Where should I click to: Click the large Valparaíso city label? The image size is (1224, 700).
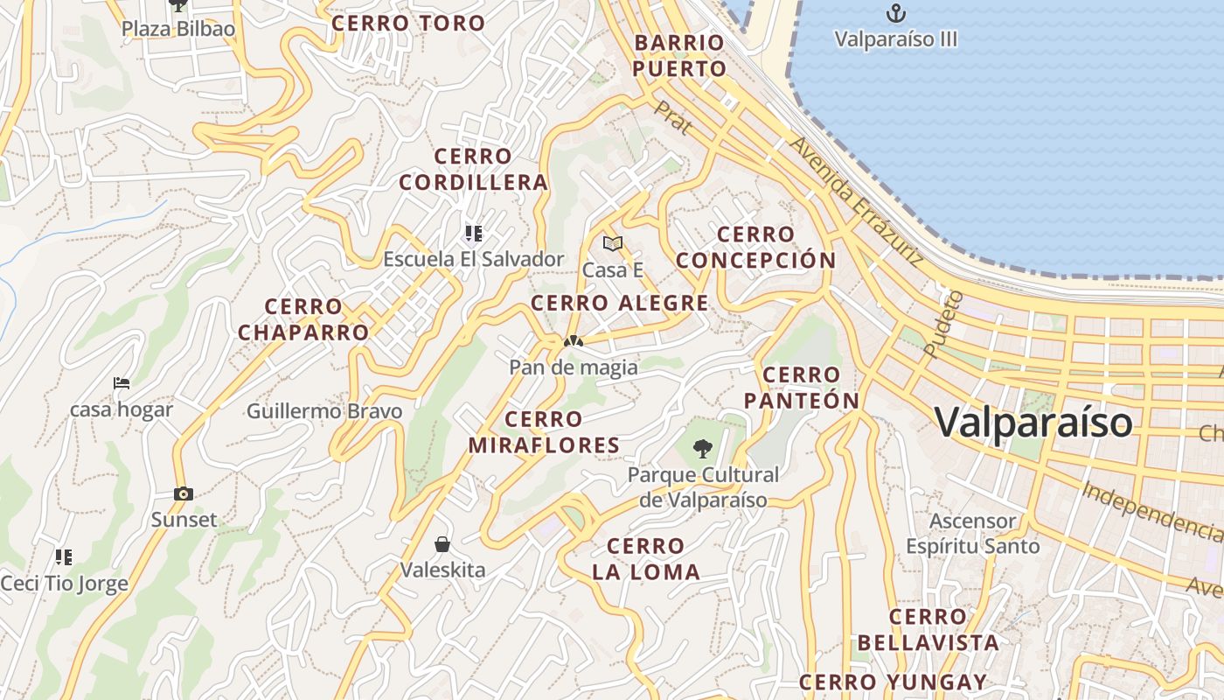tap(1033, 422)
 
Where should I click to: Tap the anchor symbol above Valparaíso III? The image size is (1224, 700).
tap(895, 13)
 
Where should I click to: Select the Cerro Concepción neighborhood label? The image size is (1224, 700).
tap(756, 248)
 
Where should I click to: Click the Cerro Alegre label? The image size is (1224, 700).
tap(620, 304)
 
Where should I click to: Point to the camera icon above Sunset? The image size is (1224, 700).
tap(183, 493)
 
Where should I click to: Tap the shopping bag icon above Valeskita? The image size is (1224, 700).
tap(442, 544)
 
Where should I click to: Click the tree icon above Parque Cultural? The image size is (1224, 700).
tap(702, 450)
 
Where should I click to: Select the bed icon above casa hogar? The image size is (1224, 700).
tap(122, 383)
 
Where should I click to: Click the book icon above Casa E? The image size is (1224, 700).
tap(613, 243)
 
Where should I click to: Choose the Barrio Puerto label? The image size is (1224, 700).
tap(679, 55)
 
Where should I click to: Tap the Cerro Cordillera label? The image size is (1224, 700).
tap(473, 170)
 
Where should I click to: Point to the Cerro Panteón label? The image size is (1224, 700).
tap(802, 388)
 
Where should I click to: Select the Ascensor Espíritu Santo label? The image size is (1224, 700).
tap(972, 534)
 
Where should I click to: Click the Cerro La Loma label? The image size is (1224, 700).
tap(646, 559)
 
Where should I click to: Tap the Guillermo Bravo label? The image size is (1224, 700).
tap(324, 411)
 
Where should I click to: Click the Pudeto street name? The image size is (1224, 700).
tap(942, 324)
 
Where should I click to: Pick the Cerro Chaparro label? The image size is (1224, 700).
tap(303, 319)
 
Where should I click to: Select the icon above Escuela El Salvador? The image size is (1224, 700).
tap(474, 233)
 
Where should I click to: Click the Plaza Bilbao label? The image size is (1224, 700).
tap(178, 29)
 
